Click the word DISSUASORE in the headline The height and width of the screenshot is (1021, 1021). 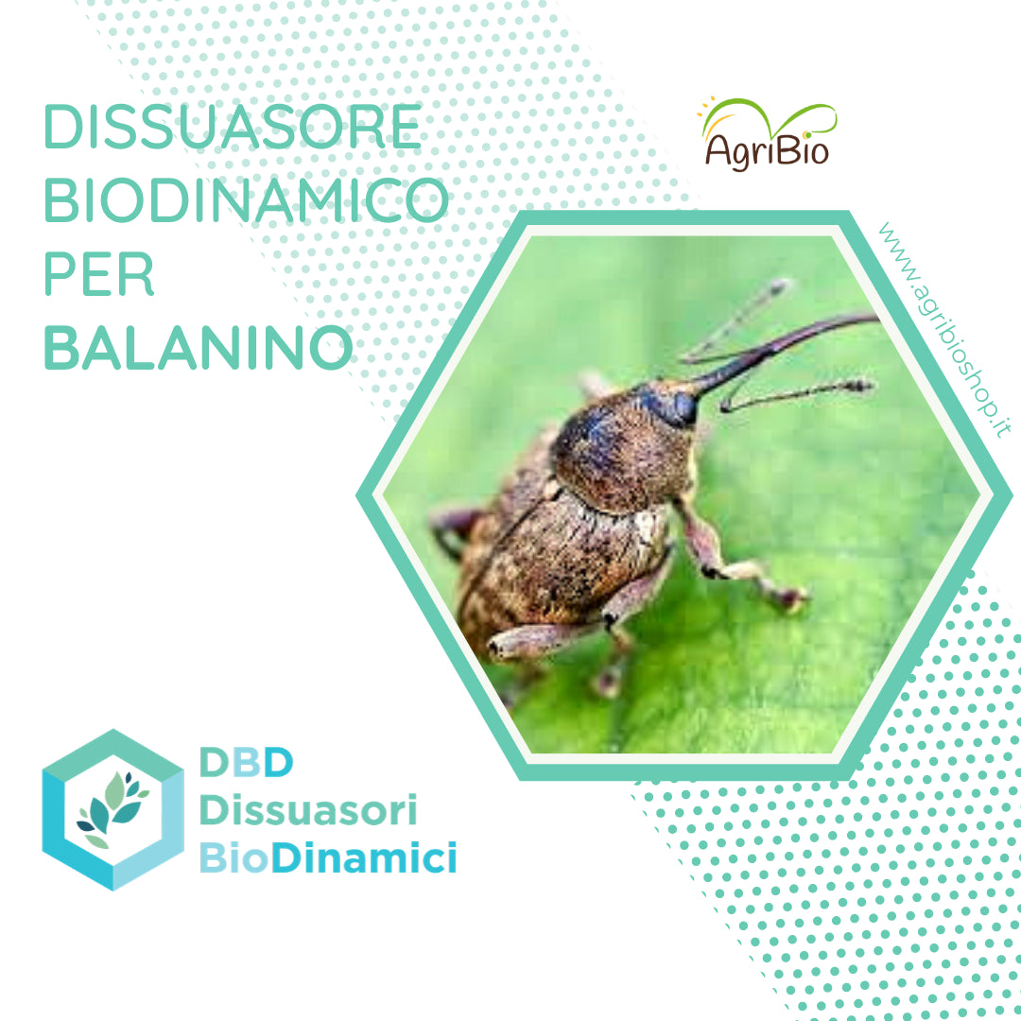pyautogui.click(x=233, y=127)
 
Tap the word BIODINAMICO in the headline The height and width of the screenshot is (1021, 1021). pyautogui.click(x=246, y=199)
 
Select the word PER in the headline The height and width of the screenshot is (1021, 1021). pyautogui.click(x=98, y=273)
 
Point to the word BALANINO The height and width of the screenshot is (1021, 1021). pyautogui.click(x=198, y=347)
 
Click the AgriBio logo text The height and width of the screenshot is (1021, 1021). pyautogui.click(x=767, y=150)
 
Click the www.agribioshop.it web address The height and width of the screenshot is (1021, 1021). pyautogui.click(x=943, y=330)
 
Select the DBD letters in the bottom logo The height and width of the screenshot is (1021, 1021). pyautogui.click(x=246, y=762)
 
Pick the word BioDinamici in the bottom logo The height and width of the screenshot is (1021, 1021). pyautogui.click(x=327, y=857)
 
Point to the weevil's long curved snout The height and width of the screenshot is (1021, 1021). pyautogui.click(x=782, y=350)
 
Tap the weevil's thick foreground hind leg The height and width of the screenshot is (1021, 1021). pyautogui.click(x=541, y=641)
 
